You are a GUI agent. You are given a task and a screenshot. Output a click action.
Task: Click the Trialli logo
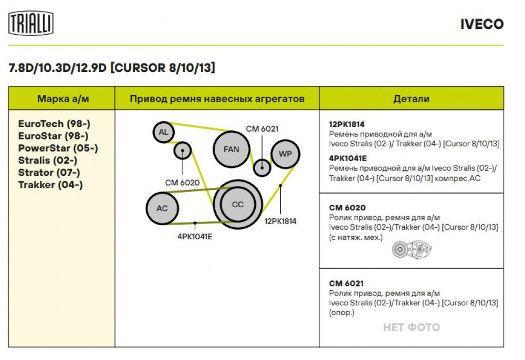click(x=31, y=23)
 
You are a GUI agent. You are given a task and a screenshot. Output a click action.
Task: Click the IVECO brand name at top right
click(x=482, y=24)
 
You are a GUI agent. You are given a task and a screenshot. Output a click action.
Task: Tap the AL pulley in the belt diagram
click(x=163, y=132)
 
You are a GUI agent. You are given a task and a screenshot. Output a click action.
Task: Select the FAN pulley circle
click(x=232, y=149)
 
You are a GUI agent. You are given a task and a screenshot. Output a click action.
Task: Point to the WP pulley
click(x=285, y=154)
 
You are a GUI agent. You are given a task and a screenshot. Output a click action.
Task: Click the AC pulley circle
click(x=162, y=208)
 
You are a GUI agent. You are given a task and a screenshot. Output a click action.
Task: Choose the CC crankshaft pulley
click(x=238, y=205)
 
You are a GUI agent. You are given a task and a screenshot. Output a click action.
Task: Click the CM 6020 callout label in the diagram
click(x=182, y=183)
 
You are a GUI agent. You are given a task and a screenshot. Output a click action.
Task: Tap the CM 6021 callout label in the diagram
click(x=262, y=129)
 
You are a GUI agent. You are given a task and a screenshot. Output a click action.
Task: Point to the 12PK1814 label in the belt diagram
click(x=280, y=221)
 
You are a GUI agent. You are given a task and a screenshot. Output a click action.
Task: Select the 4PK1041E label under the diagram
click(x=195, y=237)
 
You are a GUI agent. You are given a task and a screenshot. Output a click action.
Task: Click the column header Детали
click(x=412, y=99)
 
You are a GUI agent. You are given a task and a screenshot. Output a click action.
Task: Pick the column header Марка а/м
click(x=63, y=99)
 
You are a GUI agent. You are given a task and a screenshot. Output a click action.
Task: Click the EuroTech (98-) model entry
click(x=54, y=124)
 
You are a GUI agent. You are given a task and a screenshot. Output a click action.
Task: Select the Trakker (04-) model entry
click(x=50, y=185)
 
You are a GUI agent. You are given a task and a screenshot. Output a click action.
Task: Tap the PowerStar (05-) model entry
click(x=58, y=148)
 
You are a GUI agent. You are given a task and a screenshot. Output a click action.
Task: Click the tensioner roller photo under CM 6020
click(x=412, y=250)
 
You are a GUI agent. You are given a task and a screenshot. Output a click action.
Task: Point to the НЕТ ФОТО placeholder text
click(x=412, y=327)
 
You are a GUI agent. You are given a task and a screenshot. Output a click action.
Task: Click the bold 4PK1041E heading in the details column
click(x=348, y=158)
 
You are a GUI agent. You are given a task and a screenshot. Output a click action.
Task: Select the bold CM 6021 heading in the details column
click(x=346, y=283)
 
